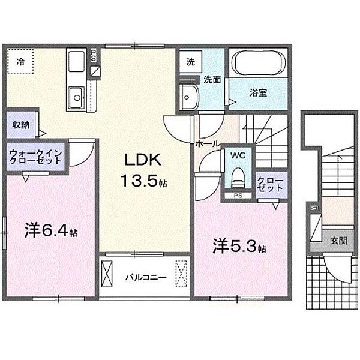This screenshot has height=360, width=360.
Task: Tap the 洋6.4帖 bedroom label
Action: (51, 230)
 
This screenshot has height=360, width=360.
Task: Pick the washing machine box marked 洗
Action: (190, 62)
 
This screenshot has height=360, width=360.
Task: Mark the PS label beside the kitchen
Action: (93, 56)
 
